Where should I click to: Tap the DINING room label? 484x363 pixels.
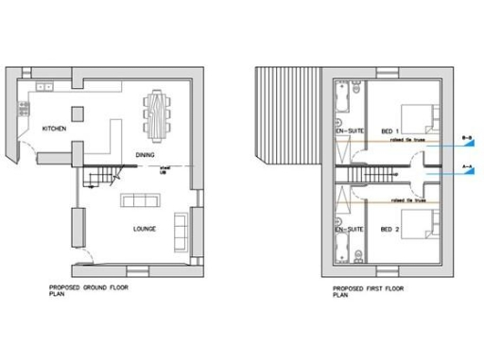coord(146,155)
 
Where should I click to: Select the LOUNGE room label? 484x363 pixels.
coord(145,229)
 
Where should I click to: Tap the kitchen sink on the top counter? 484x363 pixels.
coord(45,86)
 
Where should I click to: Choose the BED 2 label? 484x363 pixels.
coord(389,230)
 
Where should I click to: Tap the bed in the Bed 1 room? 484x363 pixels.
coord(421,116)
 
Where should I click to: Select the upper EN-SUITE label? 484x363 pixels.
coord(351,130)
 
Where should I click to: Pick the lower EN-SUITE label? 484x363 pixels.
coord(351,230)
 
